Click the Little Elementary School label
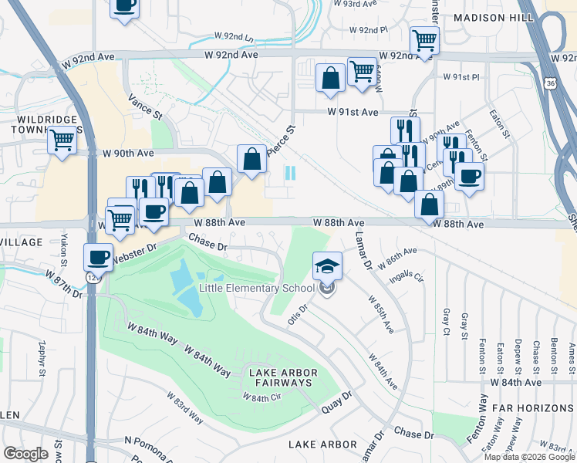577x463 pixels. pyautogui.click(x=256, y=289)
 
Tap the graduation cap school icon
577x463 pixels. pyautogui.click(x=328, y=267)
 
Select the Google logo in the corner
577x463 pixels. pyautogui.click(x=25, y=454)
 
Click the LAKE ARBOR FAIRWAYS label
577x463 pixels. pyautogui.click(x=281, y=377)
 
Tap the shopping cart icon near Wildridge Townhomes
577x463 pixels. pyautogui.click(x=62, y=141)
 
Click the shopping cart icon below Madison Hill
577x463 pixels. pyautogui.click(x=424, y=39)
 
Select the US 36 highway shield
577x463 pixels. pyautogui.click(x=548, y=82)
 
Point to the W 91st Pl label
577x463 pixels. pyautogui.click(x=461, y=77)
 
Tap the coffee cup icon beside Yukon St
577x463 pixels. pyautogui.click(x=98, y=257)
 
